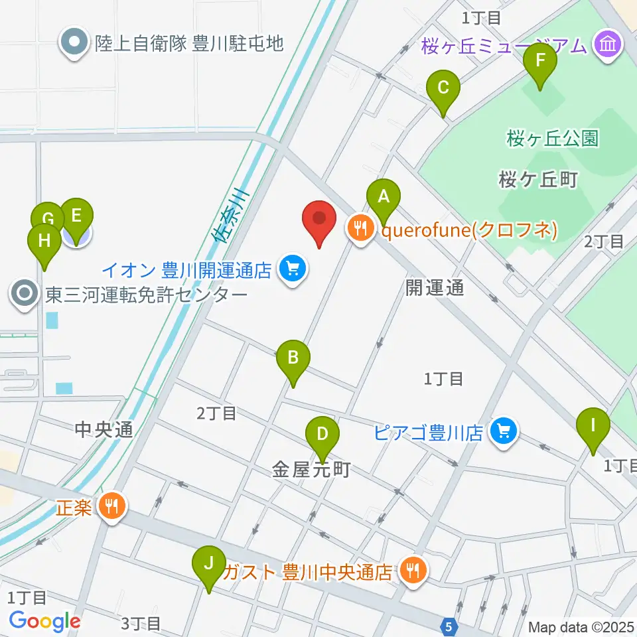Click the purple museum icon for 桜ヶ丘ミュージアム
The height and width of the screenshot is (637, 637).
tap(607, 45)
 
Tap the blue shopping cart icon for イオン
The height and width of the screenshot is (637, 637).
tap(292, 269)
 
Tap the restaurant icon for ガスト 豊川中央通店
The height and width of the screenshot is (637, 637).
tap(414, 570)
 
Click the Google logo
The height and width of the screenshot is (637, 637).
tap(44, 621)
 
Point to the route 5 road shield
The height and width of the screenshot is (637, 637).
tap(450, 624)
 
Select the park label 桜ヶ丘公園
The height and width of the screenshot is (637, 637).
tap(552, 138)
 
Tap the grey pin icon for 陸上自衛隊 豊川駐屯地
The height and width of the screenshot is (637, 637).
tap(74, 43)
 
